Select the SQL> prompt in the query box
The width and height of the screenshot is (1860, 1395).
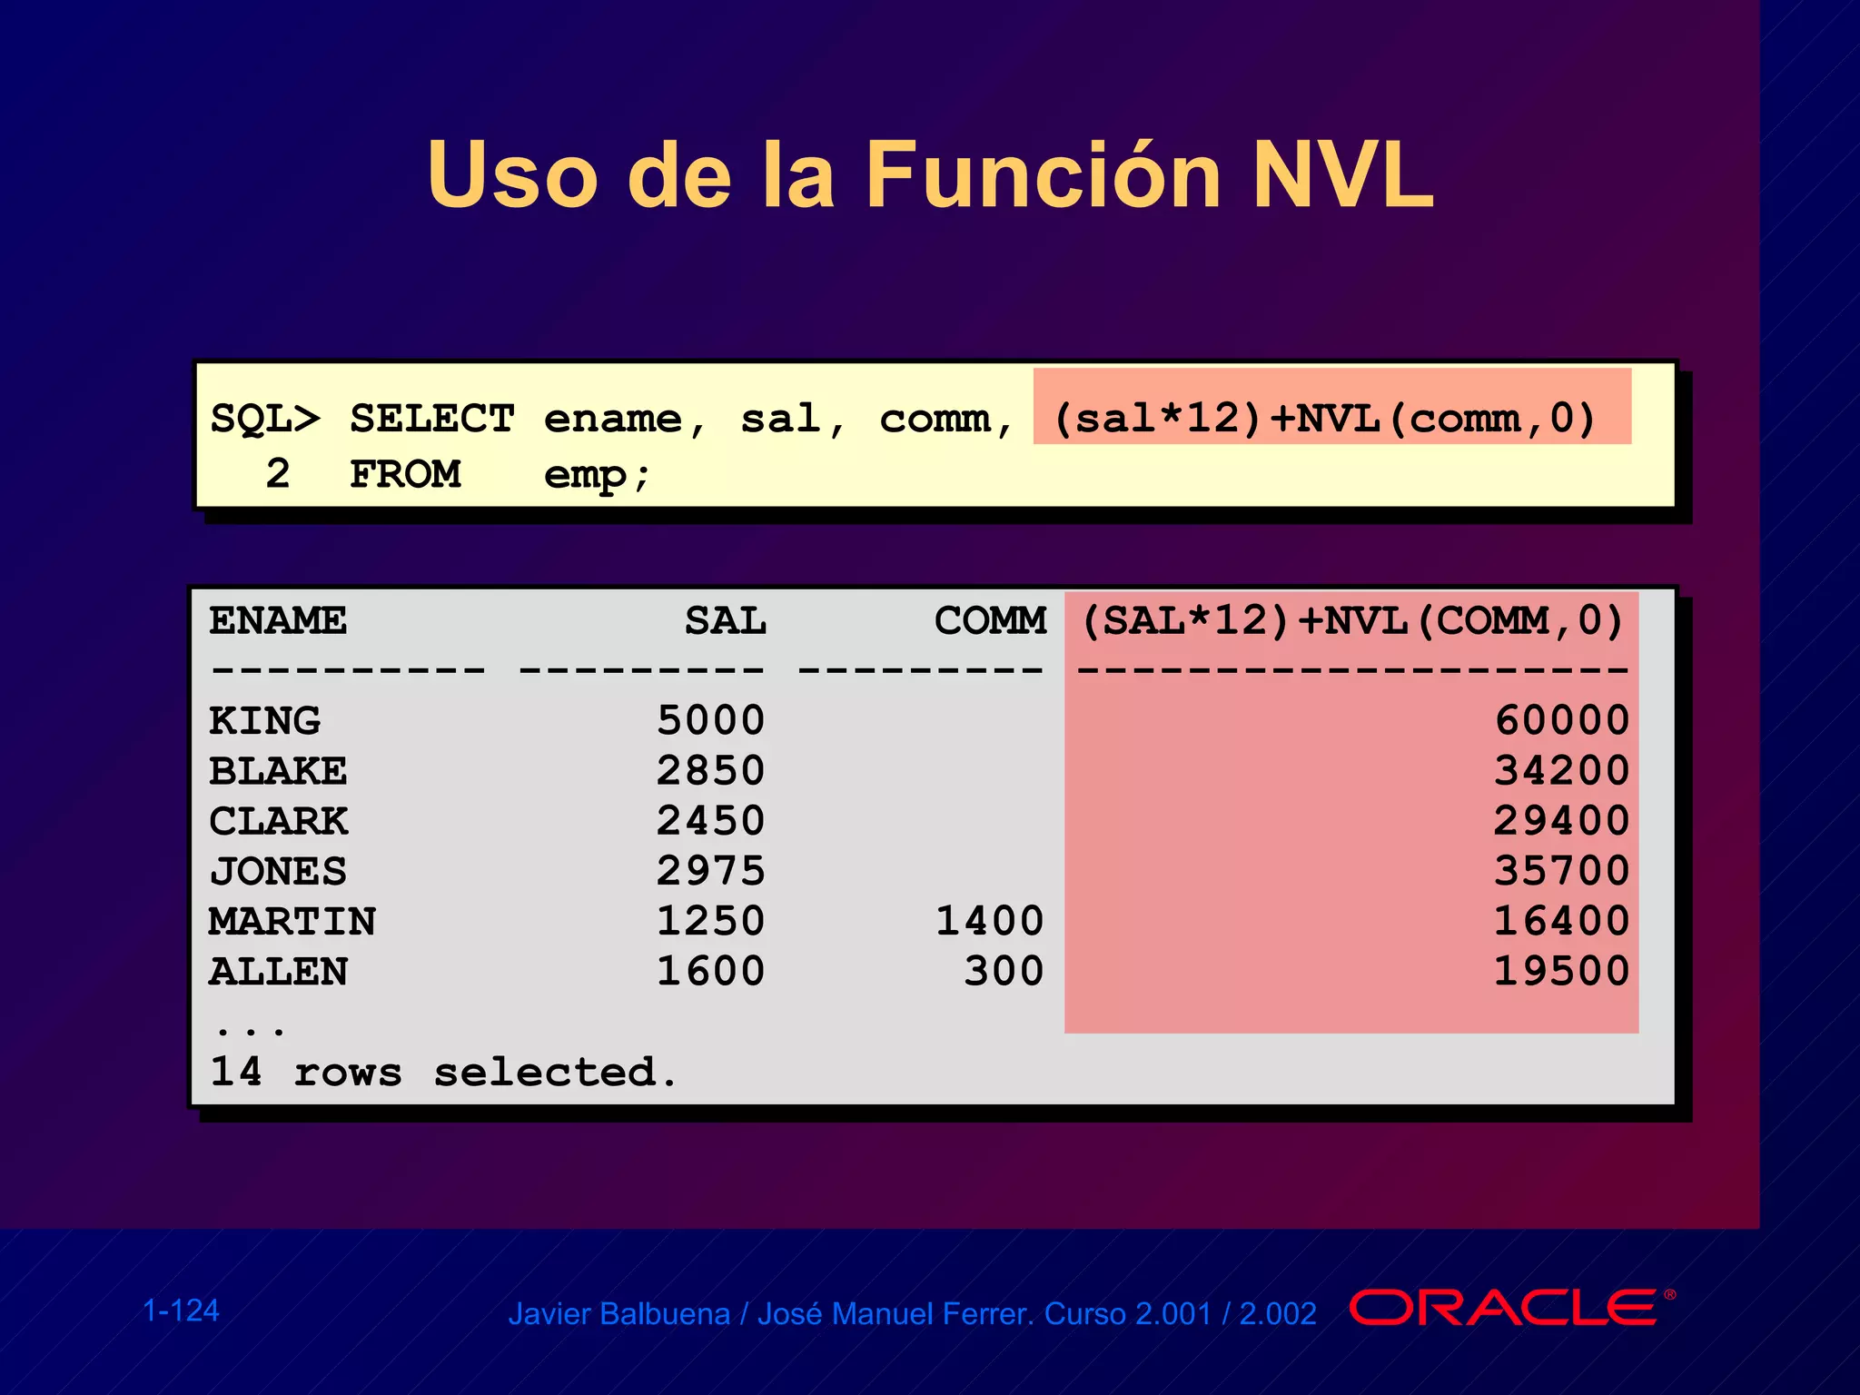point(265,419)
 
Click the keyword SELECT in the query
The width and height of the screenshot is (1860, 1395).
point(432,419)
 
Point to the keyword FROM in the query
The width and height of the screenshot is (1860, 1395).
point(405,474)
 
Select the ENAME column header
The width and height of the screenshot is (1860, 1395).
point(278,621)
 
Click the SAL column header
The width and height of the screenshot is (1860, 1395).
point(725,621)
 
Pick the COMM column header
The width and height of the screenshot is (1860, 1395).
point(990,621)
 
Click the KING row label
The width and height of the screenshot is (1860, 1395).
point(264,721)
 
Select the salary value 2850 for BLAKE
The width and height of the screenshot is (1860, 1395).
point(710,771)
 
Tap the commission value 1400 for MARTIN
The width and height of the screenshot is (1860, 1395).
point(989,921)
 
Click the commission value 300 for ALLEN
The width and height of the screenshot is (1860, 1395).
point(1004,971)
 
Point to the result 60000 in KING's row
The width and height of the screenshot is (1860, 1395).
point(1561,721)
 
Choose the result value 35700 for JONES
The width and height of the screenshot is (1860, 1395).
point(1561,871)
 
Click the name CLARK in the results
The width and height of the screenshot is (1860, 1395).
point(278,821)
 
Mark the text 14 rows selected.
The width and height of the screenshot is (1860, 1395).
point(443,1072)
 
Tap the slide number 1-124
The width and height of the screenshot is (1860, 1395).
point(181,1311)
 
